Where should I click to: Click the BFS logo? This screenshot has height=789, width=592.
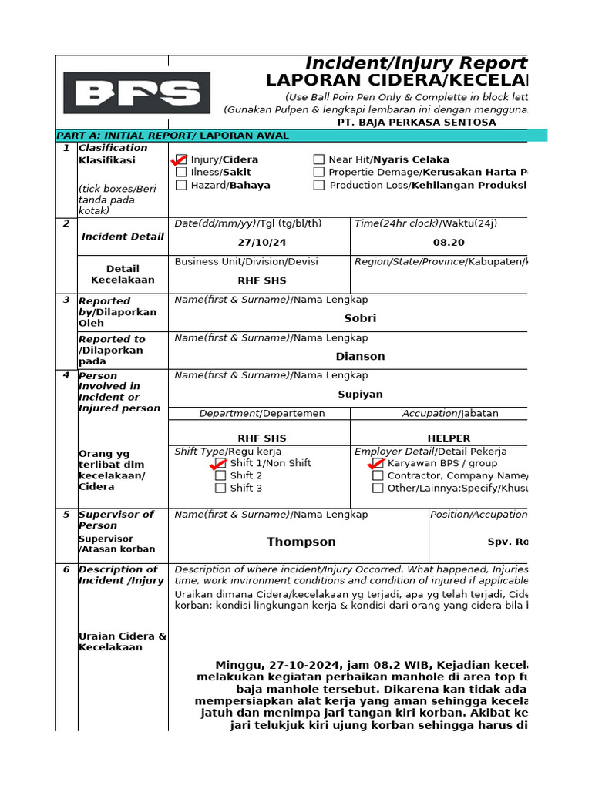[136, 93]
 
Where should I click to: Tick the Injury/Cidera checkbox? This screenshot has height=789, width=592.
[181, 159]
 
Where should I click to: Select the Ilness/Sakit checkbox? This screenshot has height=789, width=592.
[181, 173]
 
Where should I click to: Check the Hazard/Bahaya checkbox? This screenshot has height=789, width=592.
[181, 185]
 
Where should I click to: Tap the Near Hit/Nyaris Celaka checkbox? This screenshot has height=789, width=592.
[319, 159]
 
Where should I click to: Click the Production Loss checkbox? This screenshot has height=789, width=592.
[319, 185]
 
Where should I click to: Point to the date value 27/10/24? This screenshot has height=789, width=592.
[262, 242]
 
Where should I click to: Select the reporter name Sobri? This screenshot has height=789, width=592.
[360, 318]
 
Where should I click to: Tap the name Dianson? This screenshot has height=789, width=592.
[360, 357]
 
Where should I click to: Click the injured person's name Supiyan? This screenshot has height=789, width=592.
[360, 394]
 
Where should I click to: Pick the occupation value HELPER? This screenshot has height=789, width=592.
[449, 438]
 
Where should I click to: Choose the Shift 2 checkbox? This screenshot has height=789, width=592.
[220, 475]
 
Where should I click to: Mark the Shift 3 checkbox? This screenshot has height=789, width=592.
[220, 488]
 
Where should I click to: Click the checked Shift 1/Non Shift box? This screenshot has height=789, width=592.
[220, 463]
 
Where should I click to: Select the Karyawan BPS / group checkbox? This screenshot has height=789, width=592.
[378, 463]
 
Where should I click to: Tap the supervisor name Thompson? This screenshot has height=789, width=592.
[301, 542]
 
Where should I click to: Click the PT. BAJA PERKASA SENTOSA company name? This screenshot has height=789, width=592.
[416, 123]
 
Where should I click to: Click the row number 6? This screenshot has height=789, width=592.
[66, 569]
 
